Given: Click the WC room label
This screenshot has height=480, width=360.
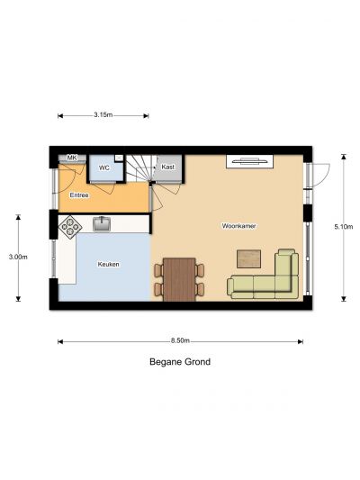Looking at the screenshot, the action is pyautogui.click(x=104, y=168).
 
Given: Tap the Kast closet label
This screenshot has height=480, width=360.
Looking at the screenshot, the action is pyautogui.click(x=168, y=167).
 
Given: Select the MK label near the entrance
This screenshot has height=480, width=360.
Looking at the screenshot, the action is pyautogui.click(x=72, y=158).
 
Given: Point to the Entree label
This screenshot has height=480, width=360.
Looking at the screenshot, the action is pyautogui.click(x=79, y=195).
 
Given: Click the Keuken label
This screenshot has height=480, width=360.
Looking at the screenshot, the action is pyautogui.click(x=109, y=264).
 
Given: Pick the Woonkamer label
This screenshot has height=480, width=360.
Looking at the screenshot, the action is pyautogui.click(x=238, y=226).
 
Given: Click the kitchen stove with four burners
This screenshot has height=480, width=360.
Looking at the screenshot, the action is pyautogui.click(x=70, y=227).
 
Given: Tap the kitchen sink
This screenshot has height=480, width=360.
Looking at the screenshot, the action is pyautogui.click(x=102, y=223).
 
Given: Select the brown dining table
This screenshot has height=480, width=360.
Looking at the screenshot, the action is pyautogui.click(x=179, y=279).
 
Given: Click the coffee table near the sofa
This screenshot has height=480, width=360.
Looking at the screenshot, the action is pyautogui.click(x=249, y=259).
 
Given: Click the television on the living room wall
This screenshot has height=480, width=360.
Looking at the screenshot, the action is pyautogui.click(x=249, y=161).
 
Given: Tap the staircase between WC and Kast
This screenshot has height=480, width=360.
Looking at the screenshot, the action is pyautogui.click(x=140, y=168).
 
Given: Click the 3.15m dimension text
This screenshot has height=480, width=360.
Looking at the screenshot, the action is pyautogui.click(x=103, y=115).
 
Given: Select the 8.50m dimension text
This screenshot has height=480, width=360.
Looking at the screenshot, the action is pyautogui.click(x=180, y=340).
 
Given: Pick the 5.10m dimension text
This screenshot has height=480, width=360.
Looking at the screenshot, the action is pyautogui.click(x=344, y=227).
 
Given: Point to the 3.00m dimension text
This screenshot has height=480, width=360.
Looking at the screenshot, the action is pyautogui.click(x=18, y=257).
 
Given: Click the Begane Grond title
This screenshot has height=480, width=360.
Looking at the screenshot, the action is pyautogui.click(x=180, y=362).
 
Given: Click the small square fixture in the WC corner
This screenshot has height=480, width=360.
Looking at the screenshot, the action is pyautogui.click(x=119, y=158).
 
